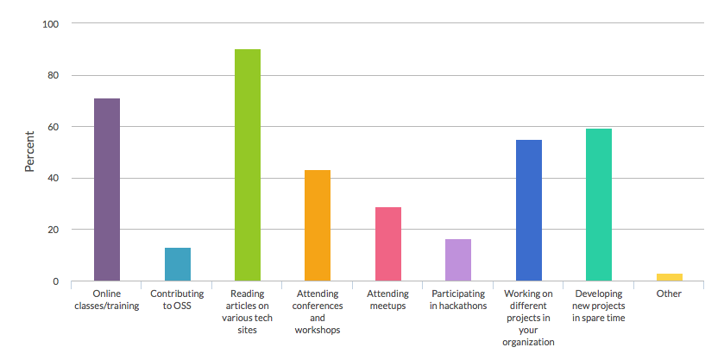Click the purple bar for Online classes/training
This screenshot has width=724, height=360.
pos(107,190)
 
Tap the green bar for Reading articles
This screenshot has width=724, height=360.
pos(248,165)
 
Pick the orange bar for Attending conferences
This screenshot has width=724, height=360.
pos(318,225)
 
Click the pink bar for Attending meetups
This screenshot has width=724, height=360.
pos(388,244)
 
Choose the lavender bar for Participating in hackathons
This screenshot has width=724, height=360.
pos(458,260)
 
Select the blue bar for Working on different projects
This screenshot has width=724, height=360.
pos(528,210)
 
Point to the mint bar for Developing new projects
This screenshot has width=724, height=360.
pos(599,205)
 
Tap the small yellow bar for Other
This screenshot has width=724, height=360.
pos(669,277)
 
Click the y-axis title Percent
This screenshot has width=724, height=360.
pos(28,151)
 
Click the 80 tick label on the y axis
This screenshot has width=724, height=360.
pos(53,76)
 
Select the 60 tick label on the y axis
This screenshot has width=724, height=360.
pos(53,127)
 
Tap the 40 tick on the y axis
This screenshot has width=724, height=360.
pos(53,179)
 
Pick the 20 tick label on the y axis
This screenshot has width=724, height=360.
pos(53,230)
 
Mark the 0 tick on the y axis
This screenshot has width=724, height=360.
pos(55,281)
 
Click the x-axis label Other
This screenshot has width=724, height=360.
pos(669,294)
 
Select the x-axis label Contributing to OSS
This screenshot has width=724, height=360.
pos(177,300)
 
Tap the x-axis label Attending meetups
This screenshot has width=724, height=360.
pos(388,300)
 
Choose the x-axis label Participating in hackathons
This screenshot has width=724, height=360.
pos(458,300)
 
